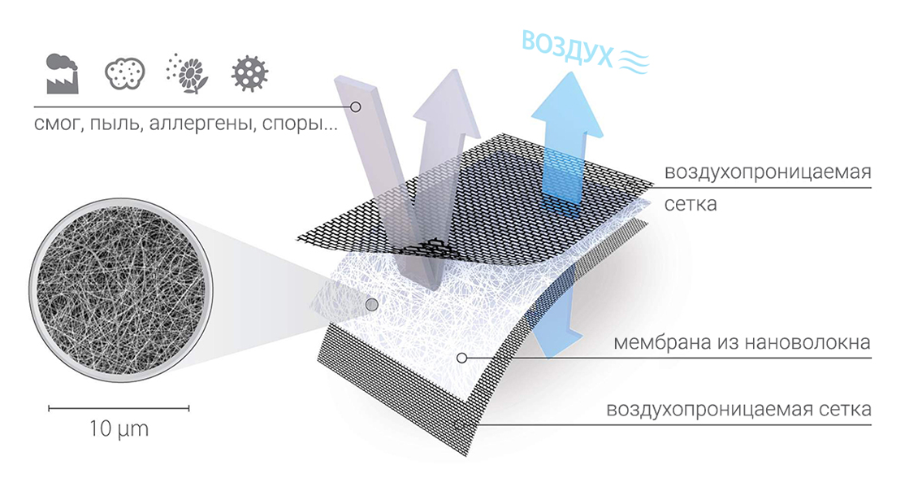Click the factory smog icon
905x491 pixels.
62,73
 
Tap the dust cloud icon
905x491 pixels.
124,73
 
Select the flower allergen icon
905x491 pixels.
187,73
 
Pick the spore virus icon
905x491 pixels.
250,74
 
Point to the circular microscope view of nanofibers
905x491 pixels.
120,289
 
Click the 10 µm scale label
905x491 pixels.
119,428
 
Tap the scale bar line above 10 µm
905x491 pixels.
119,408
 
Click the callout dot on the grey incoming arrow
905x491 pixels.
356,106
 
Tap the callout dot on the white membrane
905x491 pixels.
461,358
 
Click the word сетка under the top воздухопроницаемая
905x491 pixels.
691,204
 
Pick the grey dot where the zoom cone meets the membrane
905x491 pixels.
372,304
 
